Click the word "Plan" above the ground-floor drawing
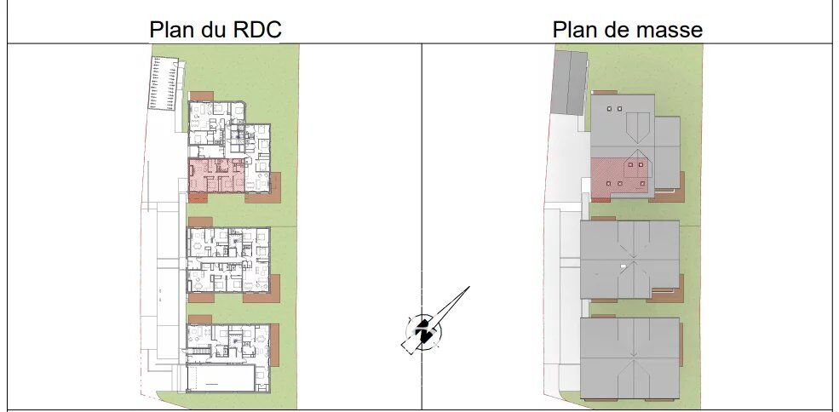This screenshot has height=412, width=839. coord(172,30)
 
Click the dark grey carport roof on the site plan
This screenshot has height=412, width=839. coord(569,82)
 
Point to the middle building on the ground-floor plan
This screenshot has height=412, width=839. coord(228,260)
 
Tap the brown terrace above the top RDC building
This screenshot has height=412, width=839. coord(201,95)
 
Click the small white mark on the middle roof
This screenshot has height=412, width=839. coord(624,266)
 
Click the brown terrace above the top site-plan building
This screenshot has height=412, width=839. coord(606,91)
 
